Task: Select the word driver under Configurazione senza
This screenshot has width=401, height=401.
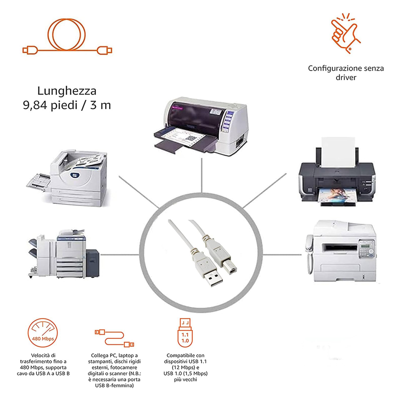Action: click(346, 77)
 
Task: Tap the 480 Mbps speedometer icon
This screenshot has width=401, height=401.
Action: click(43, 333)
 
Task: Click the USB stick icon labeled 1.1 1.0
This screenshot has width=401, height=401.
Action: click(185, 333)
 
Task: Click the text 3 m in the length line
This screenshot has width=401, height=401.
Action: click(101, 105)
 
